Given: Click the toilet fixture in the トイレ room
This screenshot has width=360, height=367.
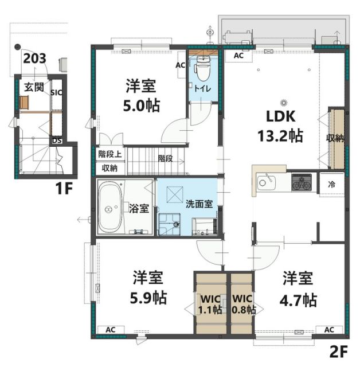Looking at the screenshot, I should tap(201, 71).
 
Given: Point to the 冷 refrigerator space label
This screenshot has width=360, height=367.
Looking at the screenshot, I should tap(332, 185).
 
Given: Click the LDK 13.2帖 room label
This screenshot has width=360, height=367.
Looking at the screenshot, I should tap(280, 126).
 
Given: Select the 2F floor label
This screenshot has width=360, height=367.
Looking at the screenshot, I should tap(339, 350).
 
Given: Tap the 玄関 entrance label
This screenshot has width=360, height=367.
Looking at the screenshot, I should tap(34, 87).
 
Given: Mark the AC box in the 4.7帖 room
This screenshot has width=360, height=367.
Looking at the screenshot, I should tap(330, 330).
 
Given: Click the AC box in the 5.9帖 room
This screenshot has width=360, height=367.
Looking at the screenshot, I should tap(111, 330).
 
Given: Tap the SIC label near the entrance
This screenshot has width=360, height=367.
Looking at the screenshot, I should tap(57, 92).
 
